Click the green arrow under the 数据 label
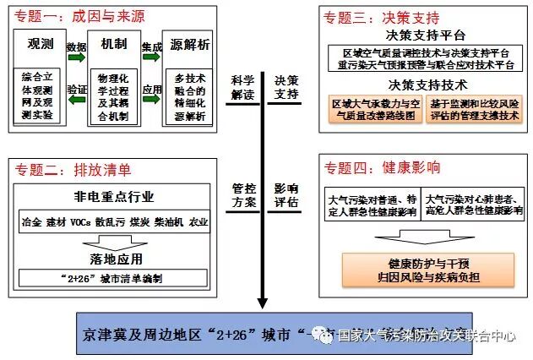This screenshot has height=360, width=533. (x=76, y=59)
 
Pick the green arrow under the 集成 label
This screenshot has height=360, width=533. (x=152, y=59)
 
